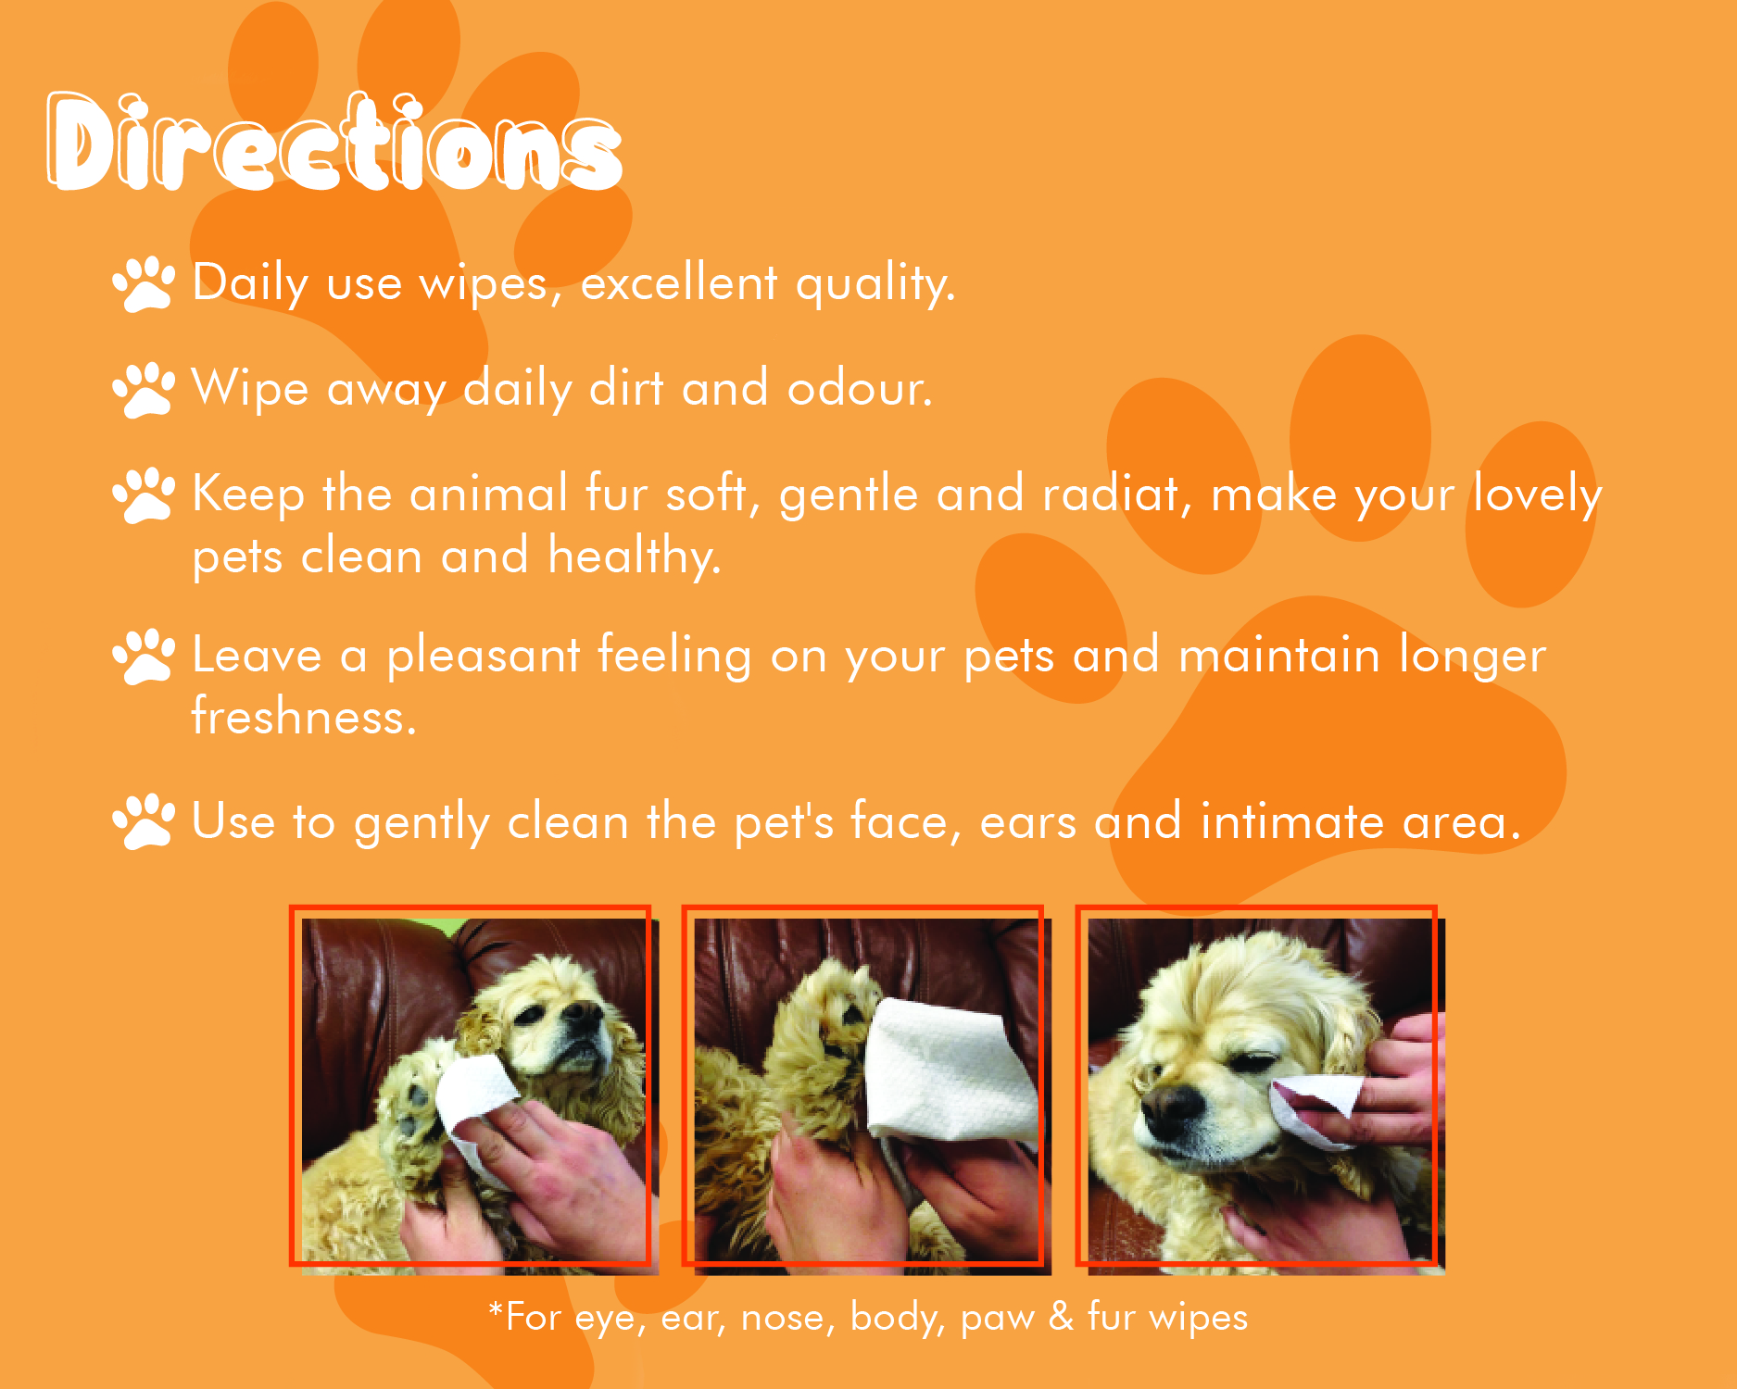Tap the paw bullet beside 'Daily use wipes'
click(x=144, y=283)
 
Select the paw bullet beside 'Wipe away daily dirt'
click(x=144, y=389)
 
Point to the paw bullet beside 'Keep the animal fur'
click(x=144, y=494)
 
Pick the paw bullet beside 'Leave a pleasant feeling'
click(x=144, y=657)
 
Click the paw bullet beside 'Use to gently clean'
click(x=144, y=821)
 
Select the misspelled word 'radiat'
click(x=1110, y=493)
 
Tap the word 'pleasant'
click(x=483, y=657)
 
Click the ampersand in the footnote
click(x=1061, y=1316)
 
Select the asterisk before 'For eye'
click(x=496, y=1308)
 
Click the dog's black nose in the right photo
click(x=1170, y=1103)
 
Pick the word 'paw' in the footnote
click(x=997, y=1319)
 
